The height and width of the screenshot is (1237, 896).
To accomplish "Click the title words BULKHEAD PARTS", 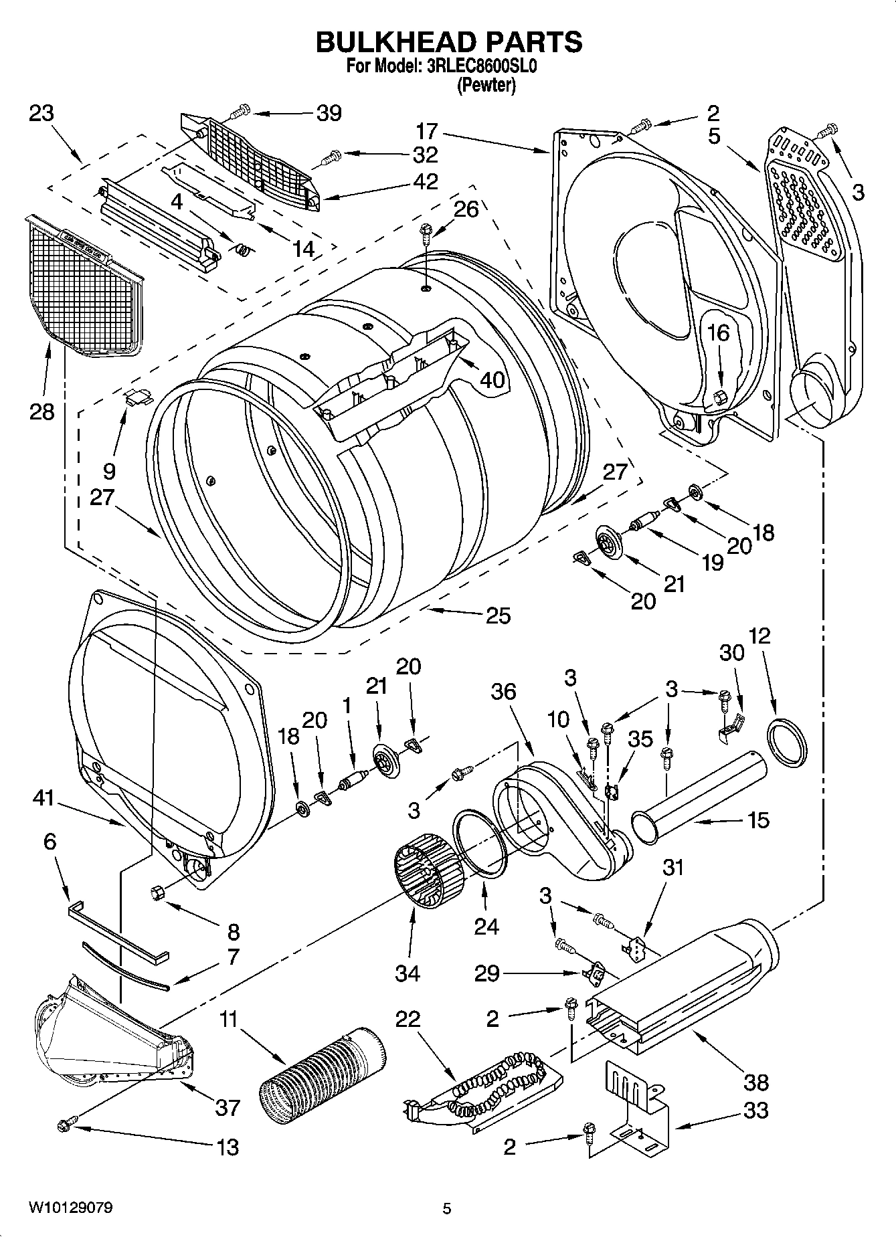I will [x=448, y=41].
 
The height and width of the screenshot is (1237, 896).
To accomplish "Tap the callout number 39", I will [x=329, y=113].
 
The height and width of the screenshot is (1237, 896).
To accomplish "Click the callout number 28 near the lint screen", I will [x=41, y=411].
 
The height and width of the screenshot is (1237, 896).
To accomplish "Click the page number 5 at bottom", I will [x=447, y=1209].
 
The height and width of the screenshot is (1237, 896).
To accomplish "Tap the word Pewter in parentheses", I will [x=486, y=86].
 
